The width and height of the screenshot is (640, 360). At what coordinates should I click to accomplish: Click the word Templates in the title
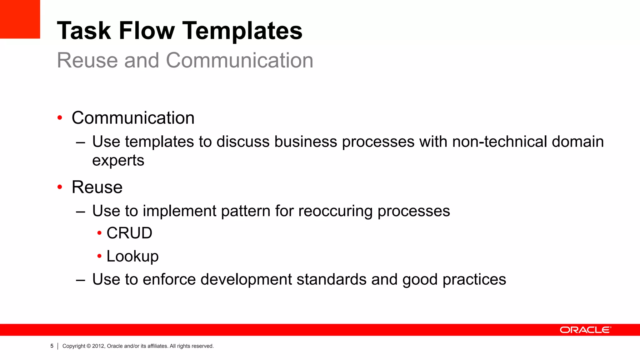pos(242,31)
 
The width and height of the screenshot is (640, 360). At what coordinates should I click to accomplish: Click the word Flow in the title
pos(147,31)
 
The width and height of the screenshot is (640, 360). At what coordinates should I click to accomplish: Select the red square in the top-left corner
pos(20,19)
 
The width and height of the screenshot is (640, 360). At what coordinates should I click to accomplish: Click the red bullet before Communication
pos(60,118)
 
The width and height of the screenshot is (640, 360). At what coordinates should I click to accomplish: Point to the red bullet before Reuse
pos(60,187)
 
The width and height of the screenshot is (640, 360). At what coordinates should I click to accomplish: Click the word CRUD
pos(129,233)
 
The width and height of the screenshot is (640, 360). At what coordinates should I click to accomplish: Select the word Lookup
pos(132,256)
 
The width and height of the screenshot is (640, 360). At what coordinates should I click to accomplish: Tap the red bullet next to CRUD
pos(99,233)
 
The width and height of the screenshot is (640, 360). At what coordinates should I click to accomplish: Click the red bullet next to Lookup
pos(99,256)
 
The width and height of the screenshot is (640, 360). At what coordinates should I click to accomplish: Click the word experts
pos(118,161)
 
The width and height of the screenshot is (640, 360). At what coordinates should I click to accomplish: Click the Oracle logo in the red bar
pos(585,330)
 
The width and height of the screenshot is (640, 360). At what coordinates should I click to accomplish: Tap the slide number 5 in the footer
pos(52,346)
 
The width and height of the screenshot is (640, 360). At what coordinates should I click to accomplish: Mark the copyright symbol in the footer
pos(88,346)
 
